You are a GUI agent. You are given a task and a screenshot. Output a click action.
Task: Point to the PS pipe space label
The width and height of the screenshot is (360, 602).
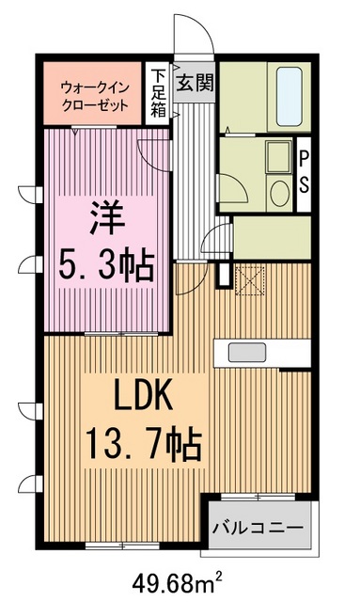(305, 170)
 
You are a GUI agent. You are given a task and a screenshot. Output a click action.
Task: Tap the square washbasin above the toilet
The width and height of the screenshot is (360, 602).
(276, 156)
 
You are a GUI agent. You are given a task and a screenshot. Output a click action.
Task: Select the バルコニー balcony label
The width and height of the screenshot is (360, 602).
(257, 527)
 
